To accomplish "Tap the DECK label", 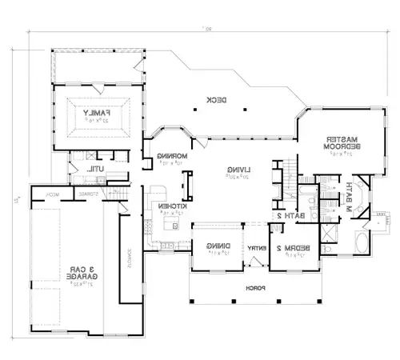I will pyautogui.click(x=214, y=99).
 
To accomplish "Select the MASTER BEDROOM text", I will pyautogui.click(x=340, y=142).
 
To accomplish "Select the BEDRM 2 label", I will pyautogui.click(x=295, y=248).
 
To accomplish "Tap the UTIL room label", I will pyautogui.click(x=95, y=168).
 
